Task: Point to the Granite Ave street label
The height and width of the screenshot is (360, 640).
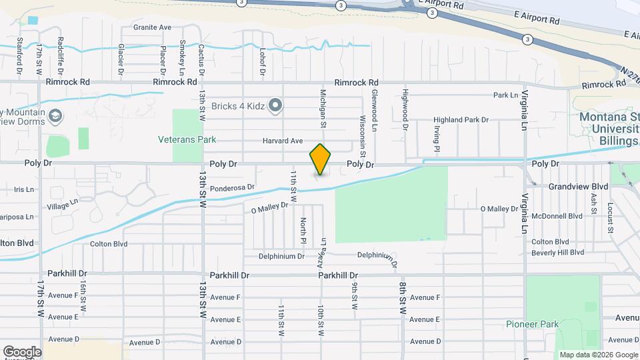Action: (152, 27)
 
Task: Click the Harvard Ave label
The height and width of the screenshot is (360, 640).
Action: (283, 141)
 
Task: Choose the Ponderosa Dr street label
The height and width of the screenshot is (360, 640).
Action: (233, 189)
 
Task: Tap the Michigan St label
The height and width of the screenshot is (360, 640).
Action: (323, 109)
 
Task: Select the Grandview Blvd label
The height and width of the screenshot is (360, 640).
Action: (579, 187)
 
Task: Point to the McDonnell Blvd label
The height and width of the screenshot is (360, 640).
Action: (557, 216)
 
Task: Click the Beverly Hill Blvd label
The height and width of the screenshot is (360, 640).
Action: (557, 253)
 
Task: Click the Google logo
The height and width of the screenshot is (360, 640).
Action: (22, 351)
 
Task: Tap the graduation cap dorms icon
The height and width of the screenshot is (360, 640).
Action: (56, 117)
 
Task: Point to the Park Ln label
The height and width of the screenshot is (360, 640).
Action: (505, 95)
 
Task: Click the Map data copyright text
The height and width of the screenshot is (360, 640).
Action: (597, 355)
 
